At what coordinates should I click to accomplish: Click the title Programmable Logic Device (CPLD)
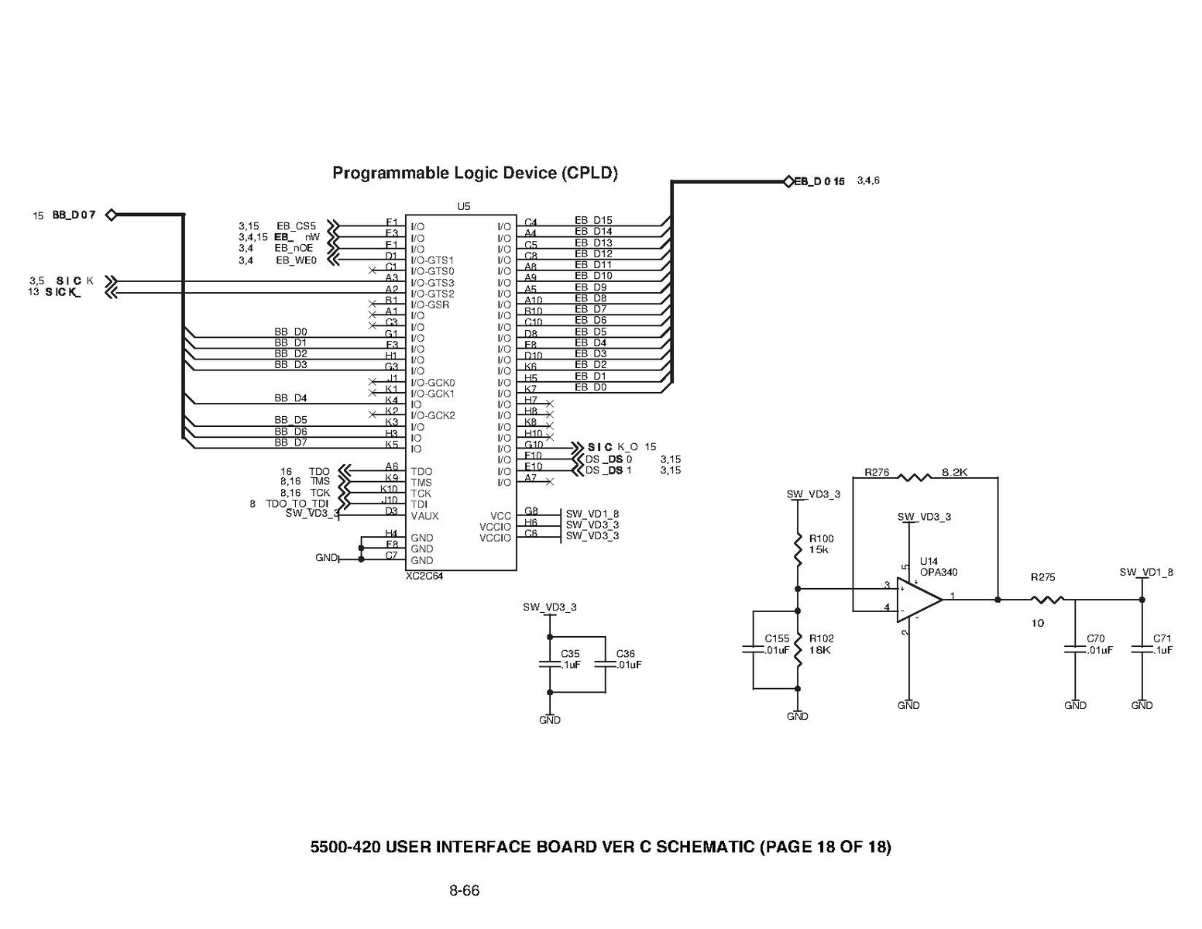(475, 173)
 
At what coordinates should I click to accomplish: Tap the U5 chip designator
(463, 207)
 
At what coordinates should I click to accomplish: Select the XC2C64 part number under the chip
(424, 576)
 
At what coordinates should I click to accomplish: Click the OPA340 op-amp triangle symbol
(919, 600)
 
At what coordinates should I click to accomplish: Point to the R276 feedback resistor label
(877, 472)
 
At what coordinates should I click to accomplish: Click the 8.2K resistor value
(954, 472)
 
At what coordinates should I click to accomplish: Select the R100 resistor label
(821, 538)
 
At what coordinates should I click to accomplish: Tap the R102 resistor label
(821, 638)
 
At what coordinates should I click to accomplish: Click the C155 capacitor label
(777, 638)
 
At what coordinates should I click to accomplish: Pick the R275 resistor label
(1042, 577)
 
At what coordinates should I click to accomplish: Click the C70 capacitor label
(1095, 638)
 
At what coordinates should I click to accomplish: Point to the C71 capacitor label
(1162, 638)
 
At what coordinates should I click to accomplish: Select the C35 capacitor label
(570, 654)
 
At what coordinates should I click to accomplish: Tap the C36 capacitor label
(625, 654)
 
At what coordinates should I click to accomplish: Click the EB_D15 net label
(593, 221)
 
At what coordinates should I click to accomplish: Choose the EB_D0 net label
(590, 387)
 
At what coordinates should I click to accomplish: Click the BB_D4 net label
(290, 398)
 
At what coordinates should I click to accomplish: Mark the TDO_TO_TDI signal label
(297, 504)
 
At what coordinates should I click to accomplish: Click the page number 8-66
(464, 891)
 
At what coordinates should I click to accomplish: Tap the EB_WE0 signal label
(296, 260)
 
